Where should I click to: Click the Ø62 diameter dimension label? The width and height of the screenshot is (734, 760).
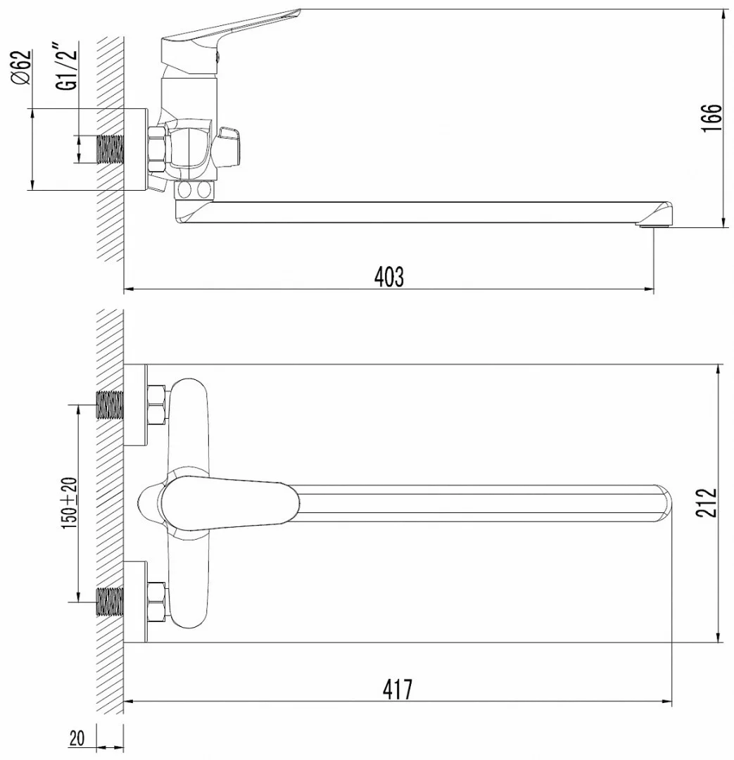pos(22,67)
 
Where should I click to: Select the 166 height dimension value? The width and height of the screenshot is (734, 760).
pos(711,117)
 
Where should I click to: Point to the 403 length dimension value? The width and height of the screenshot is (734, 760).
pos(389,277)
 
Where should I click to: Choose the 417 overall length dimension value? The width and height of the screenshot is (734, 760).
pos(397,689)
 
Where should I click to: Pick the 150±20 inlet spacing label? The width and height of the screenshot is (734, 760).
pos(69,503)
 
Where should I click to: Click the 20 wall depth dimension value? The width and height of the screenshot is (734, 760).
pos(77,738)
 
